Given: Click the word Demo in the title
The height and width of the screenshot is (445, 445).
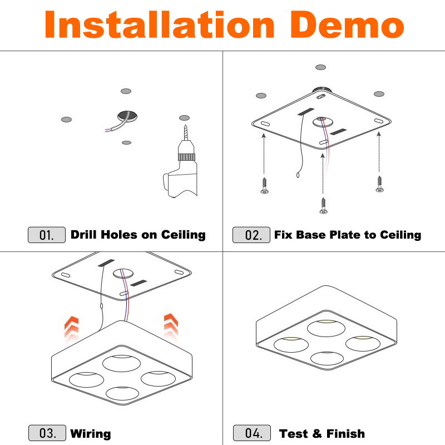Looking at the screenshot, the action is (x=347, y=24).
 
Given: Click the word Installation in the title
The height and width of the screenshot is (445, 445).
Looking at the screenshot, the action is (x=160, y=24).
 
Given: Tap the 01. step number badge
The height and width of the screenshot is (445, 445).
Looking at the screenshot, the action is (x=47, y=235).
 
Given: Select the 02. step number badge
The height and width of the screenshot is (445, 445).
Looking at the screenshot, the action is (x=251, y=235).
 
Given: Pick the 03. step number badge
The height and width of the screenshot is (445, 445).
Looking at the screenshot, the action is (x=47, y=433).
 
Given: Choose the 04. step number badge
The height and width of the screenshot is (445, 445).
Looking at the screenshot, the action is (x=252, y=433).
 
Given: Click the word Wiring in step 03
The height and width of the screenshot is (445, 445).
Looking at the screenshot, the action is (x=91, y=434).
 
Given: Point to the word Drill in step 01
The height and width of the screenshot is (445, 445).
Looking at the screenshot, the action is (x=84, y=234).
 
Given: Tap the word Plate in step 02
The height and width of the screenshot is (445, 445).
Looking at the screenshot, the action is (x=345, y=234).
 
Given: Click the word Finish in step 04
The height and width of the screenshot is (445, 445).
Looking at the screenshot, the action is (x=345, y=433).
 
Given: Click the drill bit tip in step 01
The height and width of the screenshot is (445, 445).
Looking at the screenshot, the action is (x=186, y=126).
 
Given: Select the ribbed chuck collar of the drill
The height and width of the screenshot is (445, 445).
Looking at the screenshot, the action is (x=186, y=157).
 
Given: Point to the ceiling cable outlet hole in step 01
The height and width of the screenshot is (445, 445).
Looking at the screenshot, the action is (x=127, y=116).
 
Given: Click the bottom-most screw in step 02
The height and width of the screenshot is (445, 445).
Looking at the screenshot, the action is (x=323, y=206).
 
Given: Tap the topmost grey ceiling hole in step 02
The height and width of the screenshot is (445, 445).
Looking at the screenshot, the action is (x=321, y=67).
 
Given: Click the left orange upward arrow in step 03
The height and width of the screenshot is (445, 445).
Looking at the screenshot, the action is (x=71, y=329).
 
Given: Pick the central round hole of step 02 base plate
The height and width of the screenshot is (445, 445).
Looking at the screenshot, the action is (x=323, y=121).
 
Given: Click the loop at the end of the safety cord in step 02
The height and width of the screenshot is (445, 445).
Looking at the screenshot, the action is (x=298, y=175).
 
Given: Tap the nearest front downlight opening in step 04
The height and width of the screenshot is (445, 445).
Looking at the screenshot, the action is (x=327, y=358).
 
